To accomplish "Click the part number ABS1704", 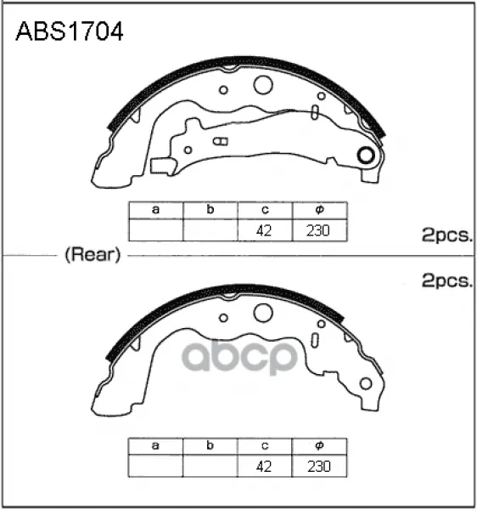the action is click(70, 31).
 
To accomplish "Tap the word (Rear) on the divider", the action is click(93, 254).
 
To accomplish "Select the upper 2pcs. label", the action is click(446, 235).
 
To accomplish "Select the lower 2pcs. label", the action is click(446, 280).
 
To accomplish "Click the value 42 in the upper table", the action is click(264, 230).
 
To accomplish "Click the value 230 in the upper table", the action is click(318, 230).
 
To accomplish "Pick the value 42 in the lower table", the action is click(264, 467).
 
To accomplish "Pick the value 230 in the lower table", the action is click(319, 467).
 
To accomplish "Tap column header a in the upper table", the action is click(156, 210).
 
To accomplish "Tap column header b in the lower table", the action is click(210, 445).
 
